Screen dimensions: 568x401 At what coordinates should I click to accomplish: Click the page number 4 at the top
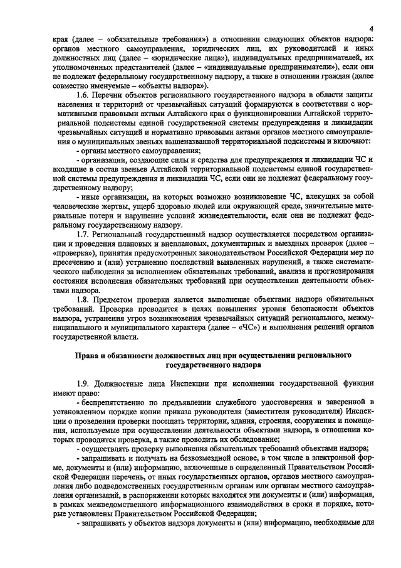tap(371, 29)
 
